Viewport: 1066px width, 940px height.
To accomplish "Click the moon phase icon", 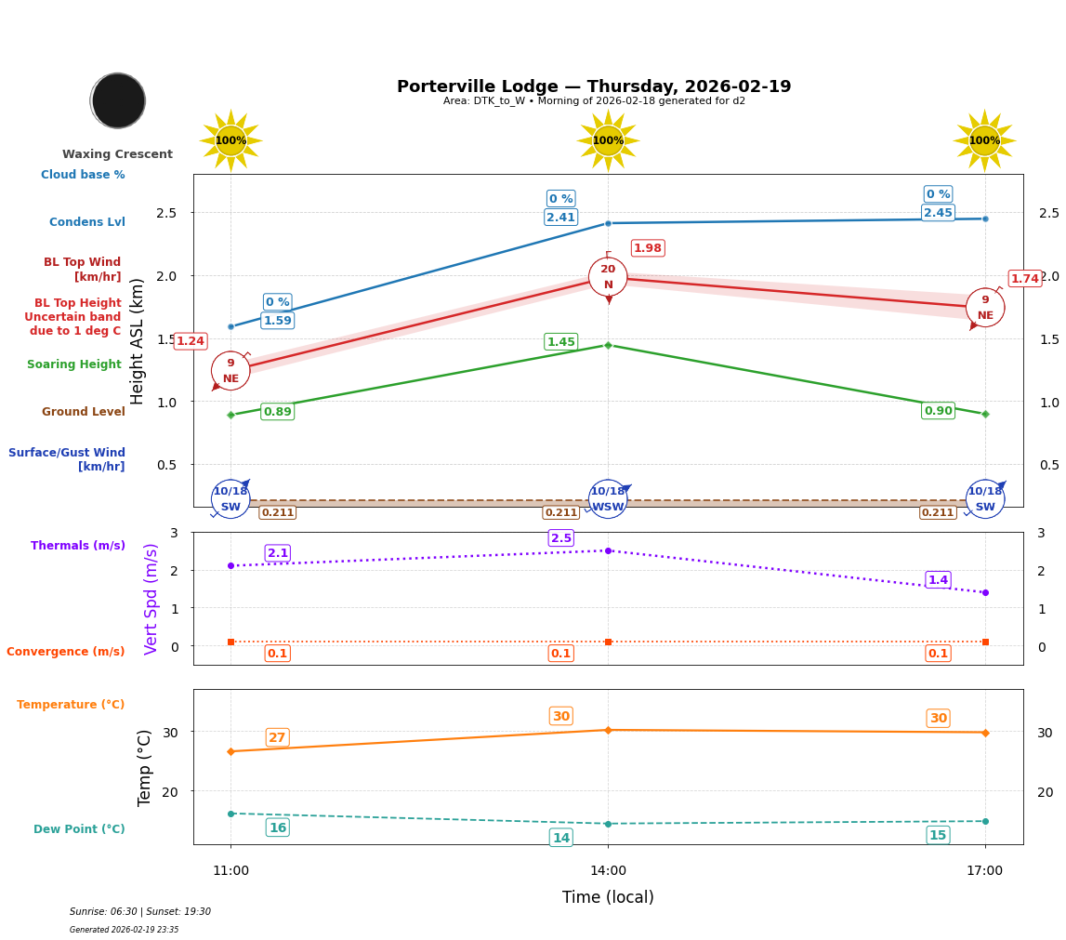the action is pos(118,100).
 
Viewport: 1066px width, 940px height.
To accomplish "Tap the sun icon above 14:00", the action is pos(608,140).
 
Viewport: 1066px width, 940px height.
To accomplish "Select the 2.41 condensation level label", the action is pos(560,218).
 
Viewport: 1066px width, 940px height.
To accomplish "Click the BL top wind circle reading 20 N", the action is pos(608,277).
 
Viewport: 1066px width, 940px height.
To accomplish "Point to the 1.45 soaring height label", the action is pos(560,342).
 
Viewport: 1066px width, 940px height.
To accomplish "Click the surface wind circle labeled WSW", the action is pos(608,499).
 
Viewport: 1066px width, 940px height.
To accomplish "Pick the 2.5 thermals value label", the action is pos(560,538).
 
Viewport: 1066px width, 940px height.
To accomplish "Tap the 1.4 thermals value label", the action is pos(938,580).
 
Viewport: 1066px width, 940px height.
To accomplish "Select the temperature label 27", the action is pos(277,737).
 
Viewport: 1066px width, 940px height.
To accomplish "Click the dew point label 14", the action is pos(560,838).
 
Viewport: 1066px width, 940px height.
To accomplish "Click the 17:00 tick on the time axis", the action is pos(984,871).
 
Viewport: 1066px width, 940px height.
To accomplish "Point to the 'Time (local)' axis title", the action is pos(608,897).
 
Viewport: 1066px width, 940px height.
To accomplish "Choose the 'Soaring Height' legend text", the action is pos(74,364).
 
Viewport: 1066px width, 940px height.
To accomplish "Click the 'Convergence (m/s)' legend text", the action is pos(65,652).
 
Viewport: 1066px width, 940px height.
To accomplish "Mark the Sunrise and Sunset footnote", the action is pos(140,912).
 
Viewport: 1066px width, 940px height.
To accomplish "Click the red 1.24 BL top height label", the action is pos(190,341).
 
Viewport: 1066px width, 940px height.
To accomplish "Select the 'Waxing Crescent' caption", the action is pos(117,154).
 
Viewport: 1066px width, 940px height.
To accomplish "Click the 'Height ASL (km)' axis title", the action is pos(138,341).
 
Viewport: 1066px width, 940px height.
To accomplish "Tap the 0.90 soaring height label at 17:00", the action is pos(938,411).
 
